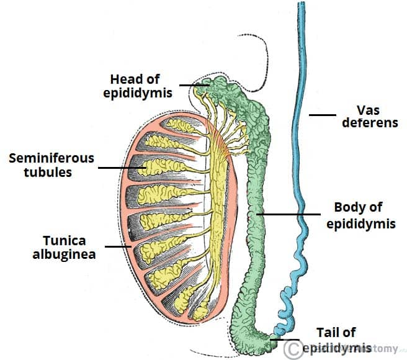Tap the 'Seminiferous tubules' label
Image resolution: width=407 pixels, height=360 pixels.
click(51, 164)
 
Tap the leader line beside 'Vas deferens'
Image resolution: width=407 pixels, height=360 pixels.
click(323, 115)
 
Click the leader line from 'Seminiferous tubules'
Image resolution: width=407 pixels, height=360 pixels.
click(121, 168)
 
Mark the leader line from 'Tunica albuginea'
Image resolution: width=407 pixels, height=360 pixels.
click(117, 246)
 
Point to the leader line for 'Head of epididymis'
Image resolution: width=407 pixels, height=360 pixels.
click(194, 84)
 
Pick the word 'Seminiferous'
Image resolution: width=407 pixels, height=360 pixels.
click(51, 158)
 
